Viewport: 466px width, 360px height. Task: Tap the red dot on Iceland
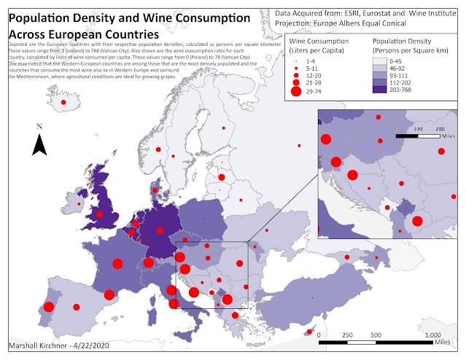tap(63, 103)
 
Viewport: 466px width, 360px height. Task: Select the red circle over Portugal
tap(49, 308)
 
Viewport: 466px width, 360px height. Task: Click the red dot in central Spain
tap(75, 307)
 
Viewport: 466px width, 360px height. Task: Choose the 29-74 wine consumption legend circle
tap(295, 91)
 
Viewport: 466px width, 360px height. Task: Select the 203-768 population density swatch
tap(384, 91)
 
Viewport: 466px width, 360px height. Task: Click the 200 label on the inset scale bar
tap(440, 128)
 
